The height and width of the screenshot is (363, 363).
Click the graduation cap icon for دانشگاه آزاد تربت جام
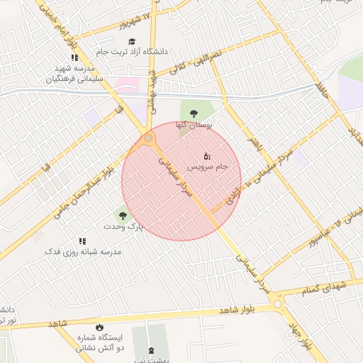[x=132, y=41]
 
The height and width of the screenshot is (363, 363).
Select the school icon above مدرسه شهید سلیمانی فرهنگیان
[x=74, y=57]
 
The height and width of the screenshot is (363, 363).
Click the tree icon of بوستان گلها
[x=194, y=112]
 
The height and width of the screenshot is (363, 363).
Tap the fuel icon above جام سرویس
[x=207, y=155]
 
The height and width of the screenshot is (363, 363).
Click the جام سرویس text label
[x=208, y=167]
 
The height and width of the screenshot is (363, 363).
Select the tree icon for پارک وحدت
[x=123, y=215]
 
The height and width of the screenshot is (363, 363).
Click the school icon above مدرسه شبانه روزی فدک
[x=82, y=241]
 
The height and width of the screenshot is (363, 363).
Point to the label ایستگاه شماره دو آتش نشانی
[x=100, y=343]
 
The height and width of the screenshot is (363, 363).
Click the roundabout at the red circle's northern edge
[x=149, y=139]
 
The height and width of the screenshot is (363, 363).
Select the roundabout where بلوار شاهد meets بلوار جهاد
[x=277, y=304]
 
